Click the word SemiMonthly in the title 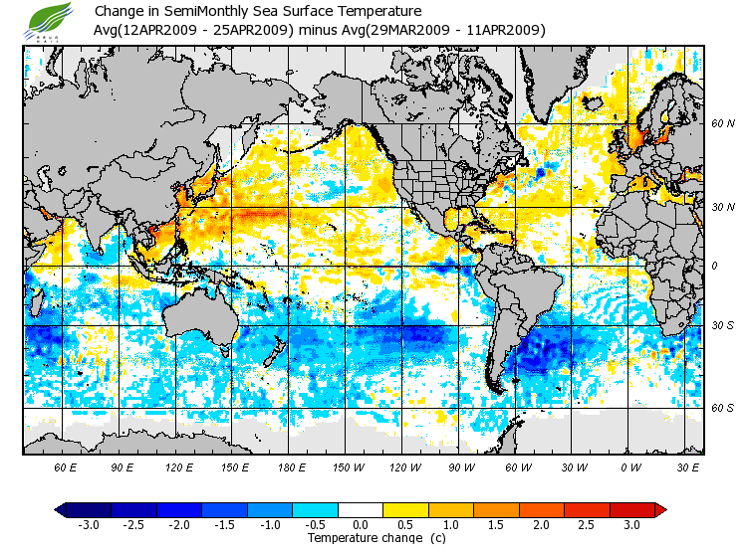[x=211, y=12]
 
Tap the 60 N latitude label [x=723, y=124]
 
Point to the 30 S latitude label [x=723, y=326]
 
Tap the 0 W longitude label [x=629, y=466]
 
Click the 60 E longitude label [x=66, y=466]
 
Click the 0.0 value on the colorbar [x=361, y=524]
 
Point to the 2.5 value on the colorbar [x=586, y=524]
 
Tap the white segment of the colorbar [x=361, y=509]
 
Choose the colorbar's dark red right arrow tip [x=660, y=509]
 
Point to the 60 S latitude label [x=723, y=408]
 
